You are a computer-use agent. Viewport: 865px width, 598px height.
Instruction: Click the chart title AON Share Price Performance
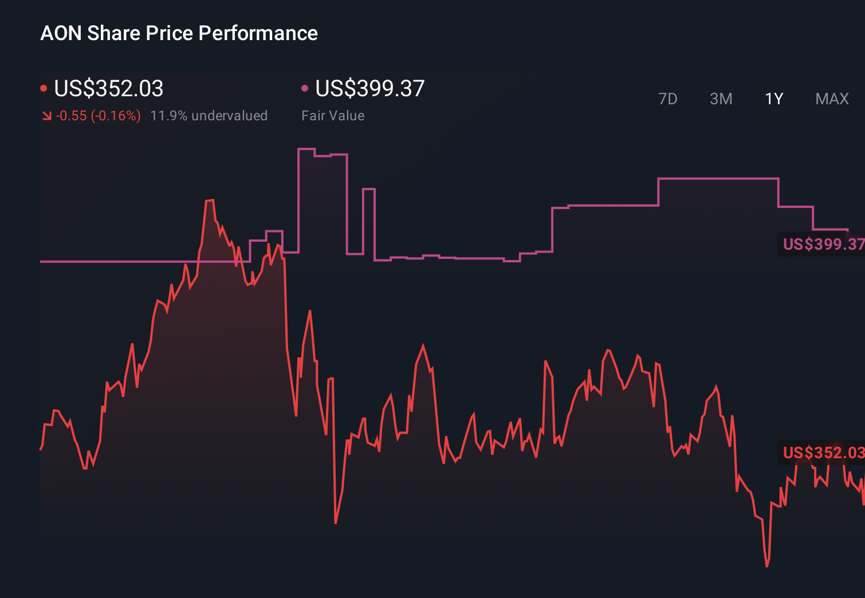click(x=179, y=33)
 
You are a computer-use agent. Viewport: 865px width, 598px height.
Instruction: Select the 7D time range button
click(x=667, y=99)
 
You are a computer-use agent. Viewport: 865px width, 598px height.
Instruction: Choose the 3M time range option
click(x=721, y=99)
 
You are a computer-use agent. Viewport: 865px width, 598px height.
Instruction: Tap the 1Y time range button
click(x=774, y=99)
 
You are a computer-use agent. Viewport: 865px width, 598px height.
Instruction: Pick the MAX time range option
click(x=832, y=99)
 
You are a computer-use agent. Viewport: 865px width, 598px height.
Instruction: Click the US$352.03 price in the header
click(x=108, y=89)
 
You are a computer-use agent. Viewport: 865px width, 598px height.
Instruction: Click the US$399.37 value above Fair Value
click(x=369, y=89)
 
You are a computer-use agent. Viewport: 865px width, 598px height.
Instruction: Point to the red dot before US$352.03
click(x=44, y=88)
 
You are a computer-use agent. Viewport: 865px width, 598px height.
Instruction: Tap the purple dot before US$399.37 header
click(x=305, y=88)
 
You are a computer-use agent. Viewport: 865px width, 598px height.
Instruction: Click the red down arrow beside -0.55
click(x=46, y=116)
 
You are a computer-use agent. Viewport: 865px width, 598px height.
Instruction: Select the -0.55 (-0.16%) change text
click(x=98, y=116)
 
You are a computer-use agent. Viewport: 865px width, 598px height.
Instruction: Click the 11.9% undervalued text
click(x=209, y=116)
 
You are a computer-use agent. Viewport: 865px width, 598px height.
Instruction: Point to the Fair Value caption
click(x=333, y=116)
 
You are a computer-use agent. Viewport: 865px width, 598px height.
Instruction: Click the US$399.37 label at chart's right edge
click(x=823, y=244)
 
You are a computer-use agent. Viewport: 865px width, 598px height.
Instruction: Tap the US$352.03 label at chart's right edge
click(x=823, y=453)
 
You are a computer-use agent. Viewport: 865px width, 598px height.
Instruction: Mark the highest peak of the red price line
click(x=210, y=200)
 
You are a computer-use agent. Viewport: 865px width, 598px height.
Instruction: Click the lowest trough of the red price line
click(x=766, y=565)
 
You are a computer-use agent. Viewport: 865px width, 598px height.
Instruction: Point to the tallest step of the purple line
click(x=306, y=149)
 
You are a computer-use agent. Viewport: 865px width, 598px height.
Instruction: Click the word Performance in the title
click(x=258, y=33)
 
